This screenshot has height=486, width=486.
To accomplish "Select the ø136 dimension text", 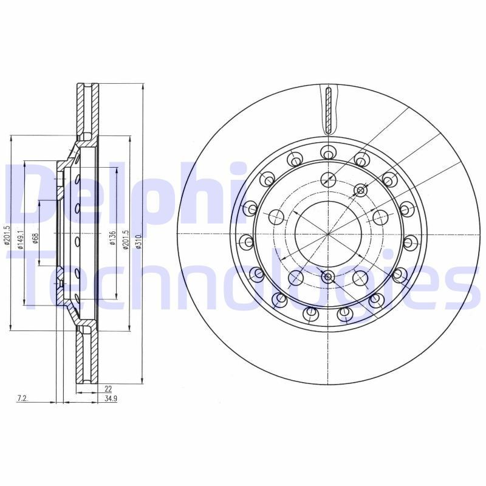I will (x=112, y=238).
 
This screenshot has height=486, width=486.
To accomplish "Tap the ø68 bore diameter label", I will (x=36, y=238).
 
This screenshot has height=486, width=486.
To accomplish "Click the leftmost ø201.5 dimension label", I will (x=7, y=236).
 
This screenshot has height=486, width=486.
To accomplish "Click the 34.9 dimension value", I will (x=111, y=399).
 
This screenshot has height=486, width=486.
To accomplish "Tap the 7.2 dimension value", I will (x=22, y=399).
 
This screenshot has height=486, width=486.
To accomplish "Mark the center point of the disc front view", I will (x=327, y=234).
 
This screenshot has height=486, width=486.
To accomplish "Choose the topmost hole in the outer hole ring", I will (x=327, y=151).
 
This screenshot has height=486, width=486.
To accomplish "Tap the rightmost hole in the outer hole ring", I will (x=409, y=242).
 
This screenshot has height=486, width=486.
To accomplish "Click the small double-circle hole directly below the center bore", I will (x=328, y=277).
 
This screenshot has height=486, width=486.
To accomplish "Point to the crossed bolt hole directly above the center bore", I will (x=328, y=180).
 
